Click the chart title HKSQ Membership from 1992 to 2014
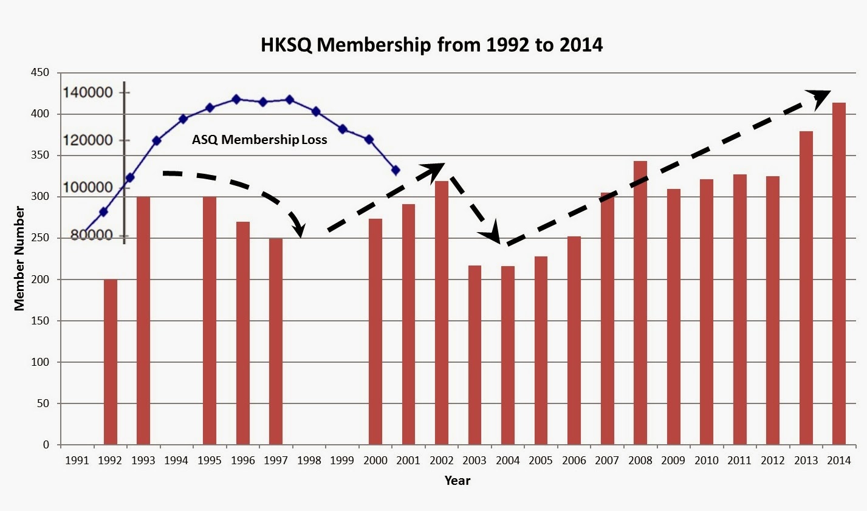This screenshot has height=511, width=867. point(431,45)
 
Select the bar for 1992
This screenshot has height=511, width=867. point(111,362)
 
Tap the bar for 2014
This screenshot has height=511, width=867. point(839,273)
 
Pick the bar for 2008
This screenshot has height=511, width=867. point(640,303)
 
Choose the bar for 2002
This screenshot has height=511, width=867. point(442,313)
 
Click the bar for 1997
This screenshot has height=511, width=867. point(276,341)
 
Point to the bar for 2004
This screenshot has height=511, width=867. point(508,355)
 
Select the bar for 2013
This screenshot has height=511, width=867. point(806,288)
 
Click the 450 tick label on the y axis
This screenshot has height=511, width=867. point(40,72)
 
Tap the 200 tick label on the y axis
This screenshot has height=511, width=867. point(40,280)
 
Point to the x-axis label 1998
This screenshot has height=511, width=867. point(309,461)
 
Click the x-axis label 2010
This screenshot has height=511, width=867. point(707,461)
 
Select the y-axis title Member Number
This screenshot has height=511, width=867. point(19,258)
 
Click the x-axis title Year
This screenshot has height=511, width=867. point(457,481)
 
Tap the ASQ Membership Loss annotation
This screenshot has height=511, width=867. point(259,139)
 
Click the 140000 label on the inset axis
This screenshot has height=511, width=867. point(88,92)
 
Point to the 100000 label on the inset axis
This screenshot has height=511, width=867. point(88,188)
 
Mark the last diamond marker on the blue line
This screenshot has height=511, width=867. point(396,170)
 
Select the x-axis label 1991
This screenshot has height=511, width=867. point(77,461)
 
